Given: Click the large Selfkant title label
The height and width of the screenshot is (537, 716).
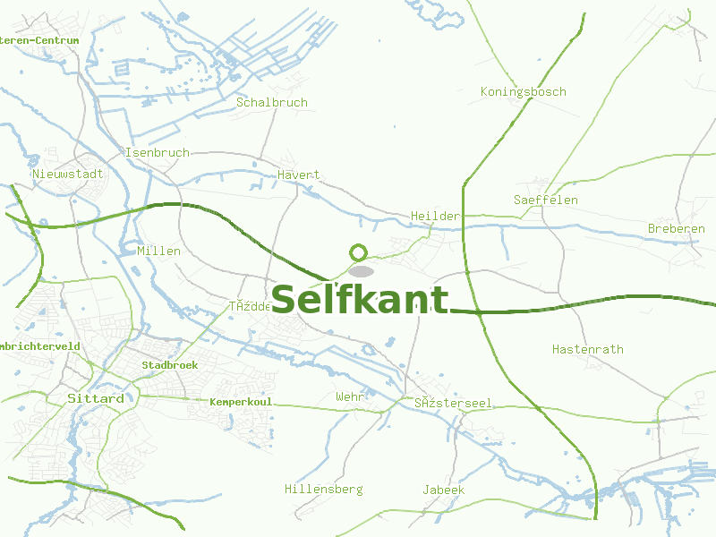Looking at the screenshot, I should (x=360, y=300).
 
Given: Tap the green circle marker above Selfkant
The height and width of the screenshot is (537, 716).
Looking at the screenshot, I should (x=359, y=252).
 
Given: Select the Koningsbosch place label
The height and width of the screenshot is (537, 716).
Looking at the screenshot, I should (x=523, y=91).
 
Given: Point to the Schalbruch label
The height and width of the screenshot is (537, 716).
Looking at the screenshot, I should (x=272, y=102).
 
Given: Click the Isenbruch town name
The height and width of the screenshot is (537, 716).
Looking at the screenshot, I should (x=158, y=152).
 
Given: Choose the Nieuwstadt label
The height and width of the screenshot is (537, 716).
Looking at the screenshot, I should (x=68, y=174).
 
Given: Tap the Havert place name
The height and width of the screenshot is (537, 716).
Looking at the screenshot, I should (x=299, y=175).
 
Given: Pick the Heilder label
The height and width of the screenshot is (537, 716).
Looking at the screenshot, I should (x=435, y=216).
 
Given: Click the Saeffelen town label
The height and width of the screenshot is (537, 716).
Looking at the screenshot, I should (x=546, y=200).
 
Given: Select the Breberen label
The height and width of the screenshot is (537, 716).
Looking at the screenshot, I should (x=677, y=229).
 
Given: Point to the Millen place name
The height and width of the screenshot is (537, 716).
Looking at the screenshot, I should (x=159, y=251).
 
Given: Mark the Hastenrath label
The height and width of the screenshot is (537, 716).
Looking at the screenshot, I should (x=588, y=349).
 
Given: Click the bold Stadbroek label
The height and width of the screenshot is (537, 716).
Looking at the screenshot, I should (x=170, y=365).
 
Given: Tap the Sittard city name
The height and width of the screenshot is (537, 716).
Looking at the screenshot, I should (x=96, y=398).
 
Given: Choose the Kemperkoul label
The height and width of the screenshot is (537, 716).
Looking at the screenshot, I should (x=241, y=403).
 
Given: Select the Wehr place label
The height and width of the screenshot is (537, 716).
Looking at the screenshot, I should (x=350, y=396).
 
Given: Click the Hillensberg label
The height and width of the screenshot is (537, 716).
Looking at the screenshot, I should (x=323, y=489).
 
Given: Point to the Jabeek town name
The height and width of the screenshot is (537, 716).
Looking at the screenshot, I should (x=444, y=490).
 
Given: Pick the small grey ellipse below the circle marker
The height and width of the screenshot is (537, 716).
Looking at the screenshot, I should (x=360, y=270).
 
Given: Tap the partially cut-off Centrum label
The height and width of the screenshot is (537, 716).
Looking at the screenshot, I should (x=39, y=40).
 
